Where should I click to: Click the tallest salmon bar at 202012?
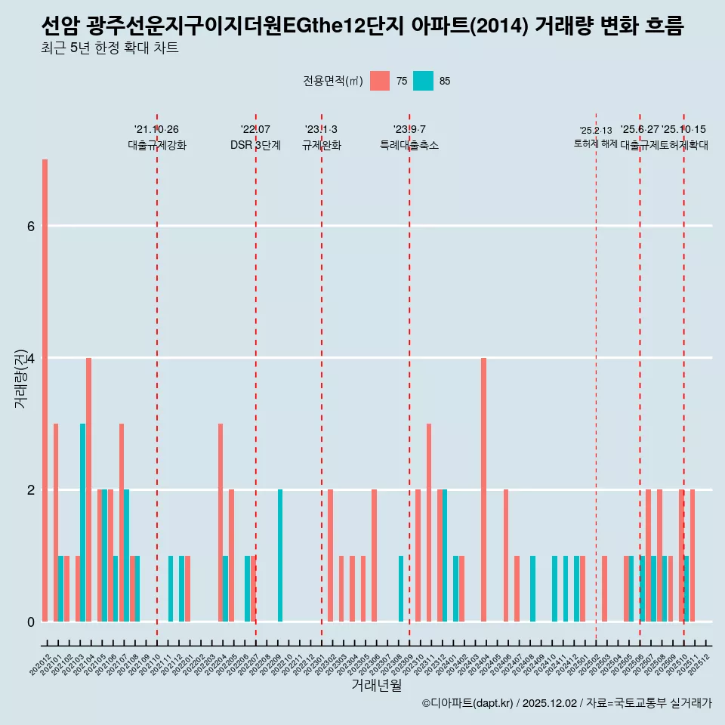tap(45, 390)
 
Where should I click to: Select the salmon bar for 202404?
tap(483, 489)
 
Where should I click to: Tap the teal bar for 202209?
tap(280, 555)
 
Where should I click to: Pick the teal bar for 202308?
tap(401, 588)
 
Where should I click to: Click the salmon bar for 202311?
tap(429, 523)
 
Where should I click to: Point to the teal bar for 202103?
tap(83, 523)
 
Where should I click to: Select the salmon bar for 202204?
tap(221, 523)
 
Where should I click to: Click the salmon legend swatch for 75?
tap(380, 81)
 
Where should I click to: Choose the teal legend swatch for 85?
tap(424, 81)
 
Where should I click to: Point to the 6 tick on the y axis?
tap(30, 226)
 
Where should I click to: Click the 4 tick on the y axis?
tap(30, 358)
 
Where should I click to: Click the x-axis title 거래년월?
tap(376, 685)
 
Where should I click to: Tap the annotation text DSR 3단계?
tap(255, 145)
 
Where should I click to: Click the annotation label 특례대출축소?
tap(409, 145)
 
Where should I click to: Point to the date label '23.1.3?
tap(321, 129)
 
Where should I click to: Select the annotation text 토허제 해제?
tap(596, 143)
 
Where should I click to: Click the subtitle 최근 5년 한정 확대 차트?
tap(110, 48)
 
